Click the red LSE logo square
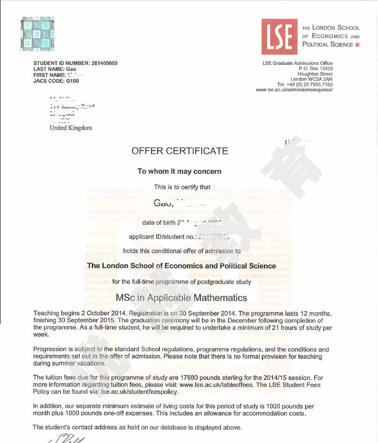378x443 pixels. pos(279,36)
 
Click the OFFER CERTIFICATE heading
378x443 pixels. pos(179,151)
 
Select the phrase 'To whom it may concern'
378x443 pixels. pos(179,171)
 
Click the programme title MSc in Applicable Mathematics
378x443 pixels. pos(182,298)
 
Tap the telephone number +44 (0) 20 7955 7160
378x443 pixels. pos(308,85)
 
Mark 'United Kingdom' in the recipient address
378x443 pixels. pos(71,128)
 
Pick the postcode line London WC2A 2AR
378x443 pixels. pos(312,79)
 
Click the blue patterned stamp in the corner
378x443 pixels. pos(38,34)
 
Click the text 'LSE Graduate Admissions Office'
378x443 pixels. pos(297,64)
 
